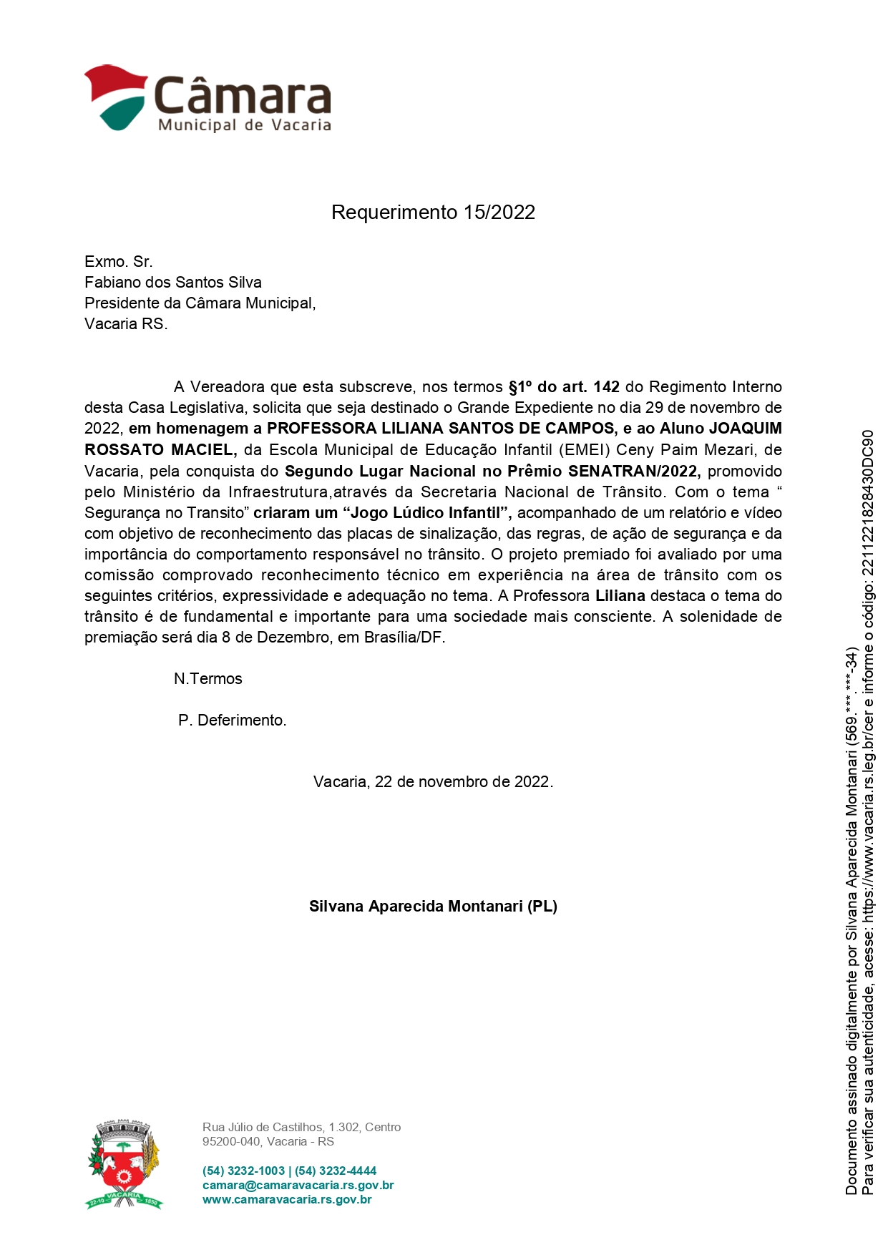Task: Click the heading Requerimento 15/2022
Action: [433, 213]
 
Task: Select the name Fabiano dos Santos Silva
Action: [173, 283]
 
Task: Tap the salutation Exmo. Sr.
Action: [119, 262]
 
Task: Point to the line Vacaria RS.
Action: [126, 324]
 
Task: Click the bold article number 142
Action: [606, 387]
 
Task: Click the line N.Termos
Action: [208, 679]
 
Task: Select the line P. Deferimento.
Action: [233, 721]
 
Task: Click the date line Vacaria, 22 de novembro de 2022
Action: [433, 782]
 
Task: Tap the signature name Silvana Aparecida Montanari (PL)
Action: [433, 907]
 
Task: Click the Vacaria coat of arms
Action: [124, 1165]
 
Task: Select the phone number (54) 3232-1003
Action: [243, 1171]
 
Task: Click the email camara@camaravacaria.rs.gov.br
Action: [298, 1186]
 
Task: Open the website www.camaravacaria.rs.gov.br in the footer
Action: [287, 1200]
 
